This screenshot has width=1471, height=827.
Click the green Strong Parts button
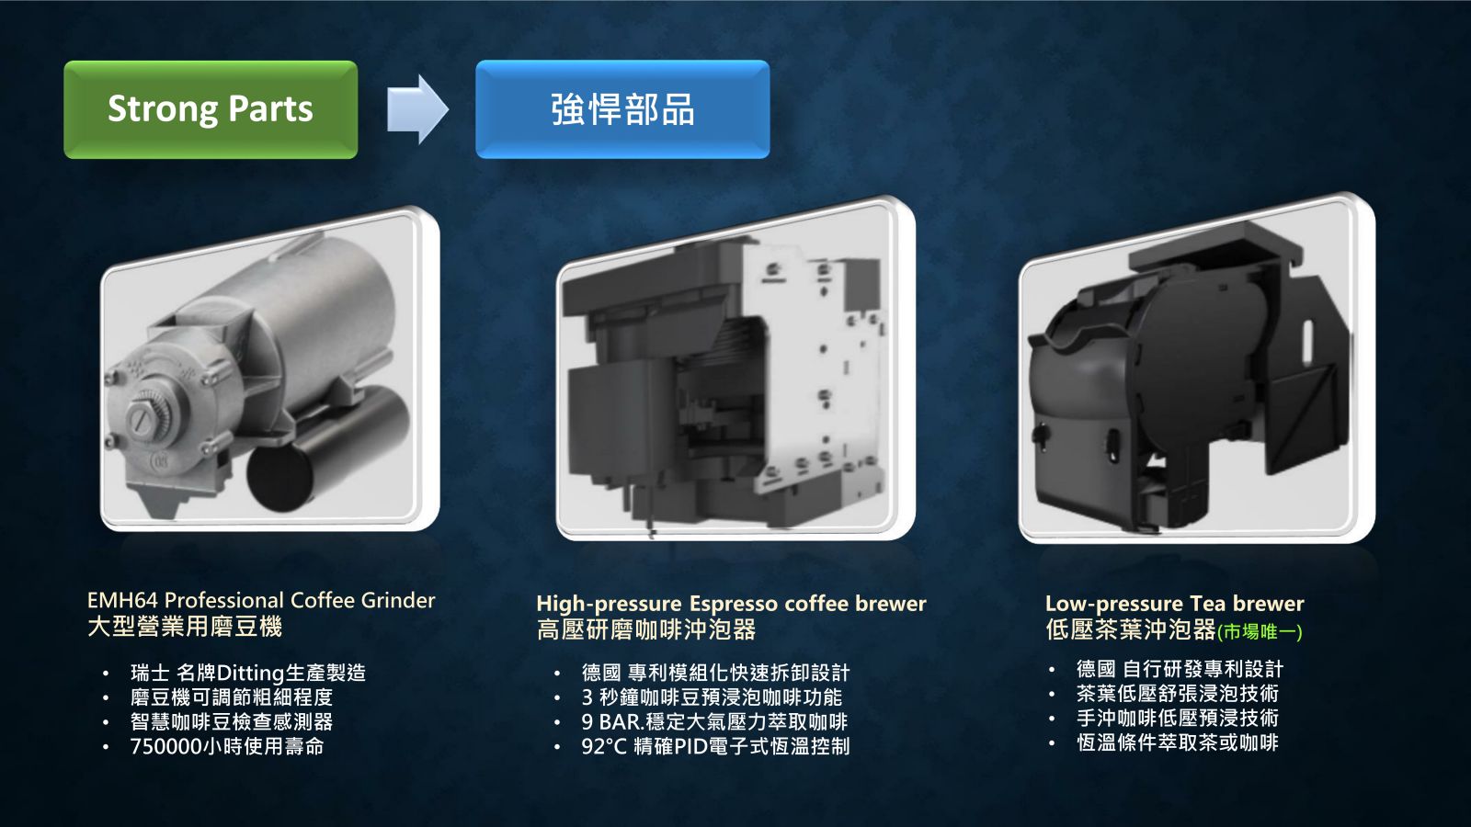[211, 109]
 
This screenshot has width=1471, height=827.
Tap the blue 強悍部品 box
[622, 109]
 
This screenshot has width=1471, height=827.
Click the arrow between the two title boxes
[417, 109]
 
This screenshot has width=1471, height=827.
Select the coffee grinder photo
[270, 370]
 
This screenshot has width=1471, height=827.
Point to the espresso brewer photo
[735, 368]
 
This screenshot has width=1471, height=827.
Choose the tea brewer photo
[1196, 368]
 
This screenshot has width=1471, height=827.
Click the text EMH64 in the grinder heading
[122, 600]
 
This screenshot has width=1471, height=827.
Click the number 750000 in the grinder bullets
[166, 746]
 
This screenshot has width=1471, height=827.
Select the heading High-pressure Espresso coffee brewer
[731, 603]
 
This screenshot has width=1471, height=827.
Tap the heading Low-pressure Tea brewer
[1174, 603]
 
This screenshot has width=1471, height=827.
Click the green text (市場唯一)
[1260, 632]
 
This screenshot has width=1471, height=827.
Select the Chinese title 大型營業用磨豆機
[185, 627]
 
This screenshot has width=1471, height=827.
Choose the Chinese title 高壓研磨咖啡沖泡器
[646, 630]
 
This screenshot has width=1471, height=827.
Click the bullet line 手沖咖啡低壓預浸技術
[1178, 718]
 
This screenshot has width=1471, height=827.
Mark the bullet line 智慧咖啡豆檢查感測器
[231, 722]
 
